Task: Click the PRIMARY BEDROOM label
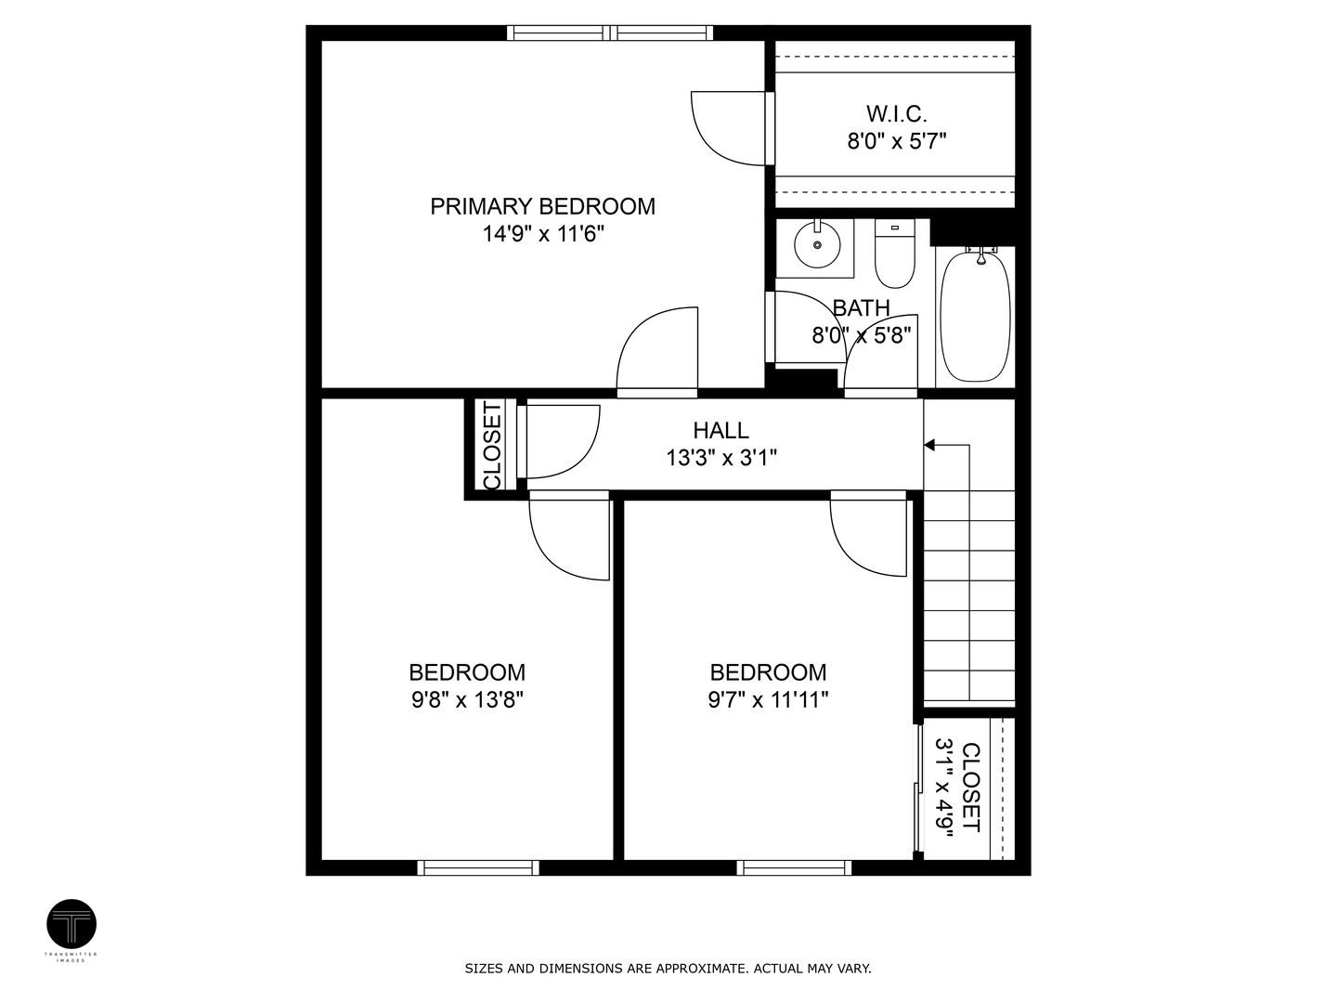[542, 206]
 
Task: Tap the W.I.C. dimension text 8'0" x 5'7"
[897, 142]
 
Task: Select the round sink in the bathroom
[817, 245]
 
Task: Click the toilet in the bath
[894, 254]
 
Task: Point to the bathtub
[975, 316]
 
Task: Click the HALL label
[721, 431]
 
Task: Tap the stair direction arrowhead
[928, 445]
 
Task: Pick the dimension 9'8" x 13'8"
[467, 700]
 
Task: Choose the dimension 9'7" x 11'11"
[768, 700]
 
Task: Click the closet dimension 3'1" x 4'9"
[944, 788]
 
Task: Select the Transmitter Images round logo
[71, 924]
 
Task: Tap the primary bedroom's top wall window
[610, 33]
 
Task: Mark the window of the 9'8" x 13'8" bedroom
[478, 867]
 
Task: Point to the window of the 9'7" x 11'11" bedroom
[794, 867]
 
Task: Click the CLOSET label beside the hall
[492, 445]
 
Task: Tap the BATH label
[862, 308]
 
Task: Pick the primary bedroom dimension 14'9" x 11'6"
[543, 234]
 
